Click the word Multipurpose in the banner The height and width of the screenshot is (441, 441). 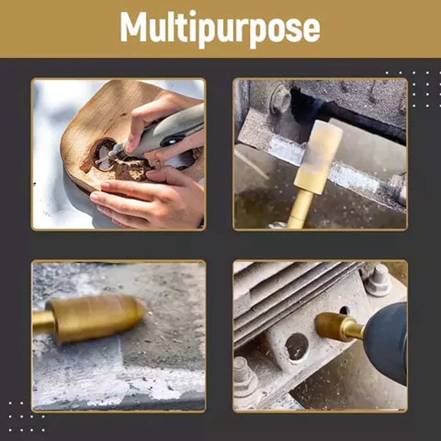[220, 29]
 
